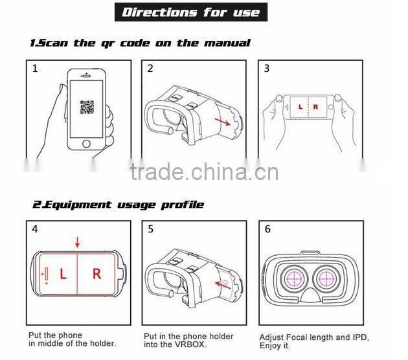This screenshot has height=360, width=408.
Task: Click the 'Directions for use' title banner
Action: click(x=191, y=12)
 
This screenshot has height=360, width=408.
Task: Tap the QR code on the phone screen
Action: click(x=87, y=107)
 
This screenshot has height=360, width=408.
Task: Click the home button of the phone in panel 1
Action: click(x=86, y=144)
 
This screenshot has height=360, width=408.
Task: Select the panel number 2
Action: click(x=150, y=69)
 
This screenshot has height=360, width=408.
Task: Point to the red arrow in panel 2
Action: click(x=223, y=122)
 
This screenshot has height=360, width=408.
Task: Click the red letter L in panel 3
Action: click(x=300, y=107)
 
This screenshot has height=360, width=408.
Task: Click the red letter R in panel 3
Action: click(x=315, y=107)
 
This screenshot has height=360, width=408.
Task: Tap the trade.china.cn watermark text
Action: click(x=204, y=172)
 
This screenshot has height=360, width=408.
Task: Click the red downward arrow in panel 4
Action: click(x=77, y=242)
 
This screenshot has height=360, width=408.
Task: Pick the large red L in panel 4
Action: click(x=63, y=274)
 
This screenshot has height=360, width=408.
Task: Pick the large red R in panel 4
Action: click(x=96, y=274)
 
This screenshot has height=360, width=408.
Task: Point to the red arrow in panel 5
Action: click(x=223, y=285)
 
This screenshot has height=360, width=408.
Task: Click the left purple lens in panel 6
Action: click(x=294, y=278)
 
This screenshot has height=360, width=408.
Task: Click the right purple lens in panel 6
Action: click(x=326, y=278)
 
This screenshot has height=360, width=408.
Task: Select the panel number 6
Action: click(x=267, y=229)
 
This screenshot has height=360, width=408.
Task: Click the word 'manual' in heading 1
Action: click(x=227, y=43)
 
